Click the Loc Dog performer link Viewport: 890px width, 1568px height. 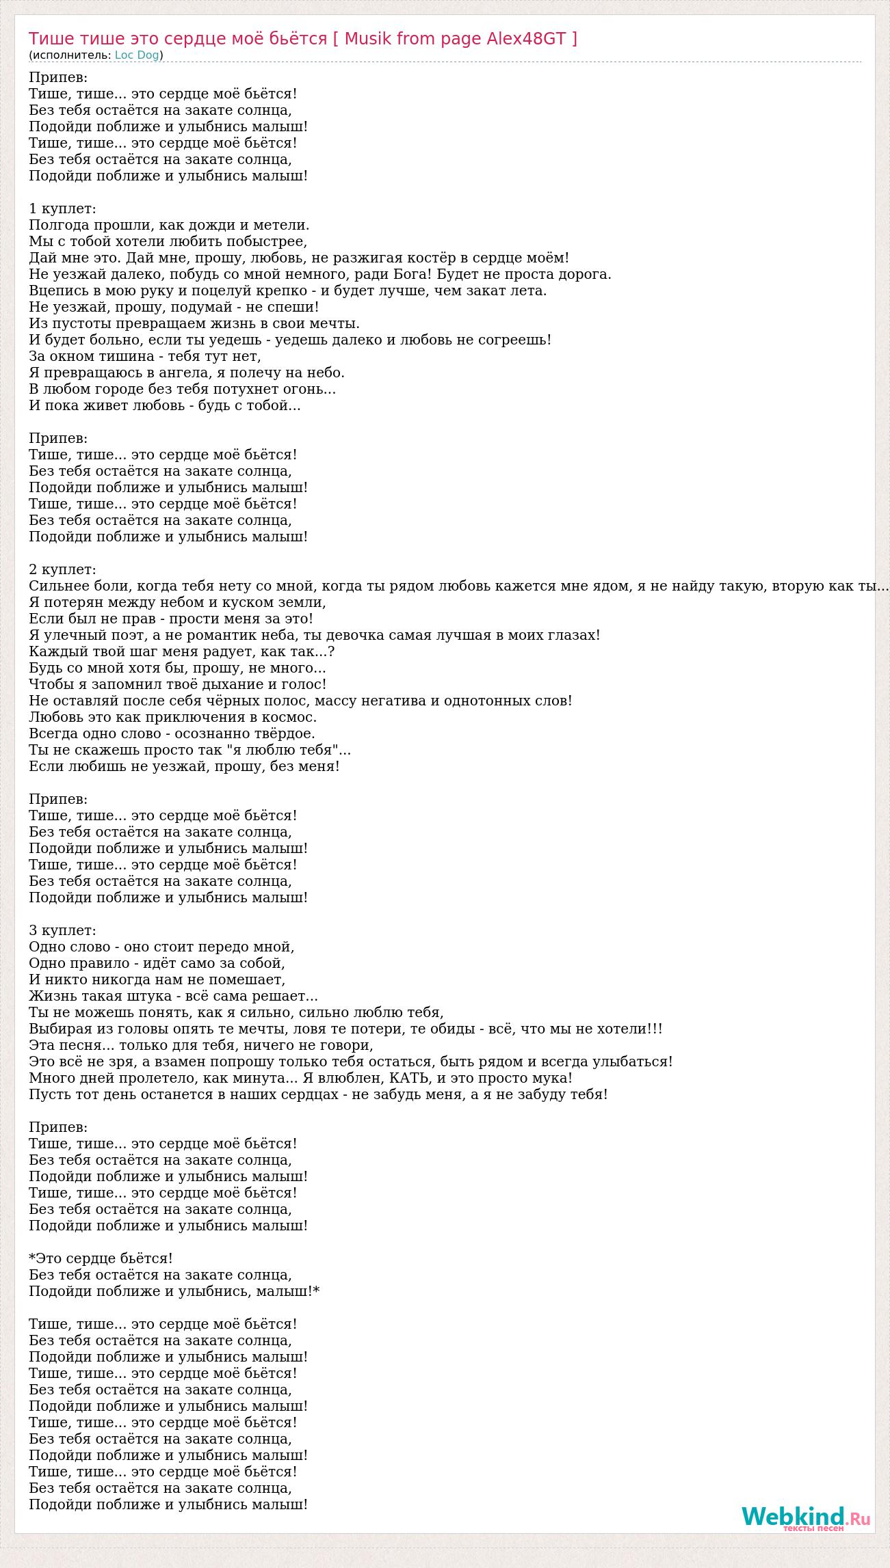(x=137, y=55)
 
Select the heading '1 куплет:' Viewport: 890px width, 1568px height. (x=62, y=208)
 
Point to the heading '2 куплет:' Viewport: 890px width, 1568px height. (x=62, y=569)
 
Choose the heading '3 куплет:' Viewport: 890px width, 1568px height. (x=62, y=930)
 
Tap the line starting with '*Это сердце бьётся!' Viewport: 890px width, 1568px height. (x=101, y=1258)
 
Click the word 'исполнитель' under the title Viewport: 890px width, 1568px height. (x=70, y=55)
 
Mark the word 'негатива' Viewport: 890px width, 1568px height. (x=399, y=701)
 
